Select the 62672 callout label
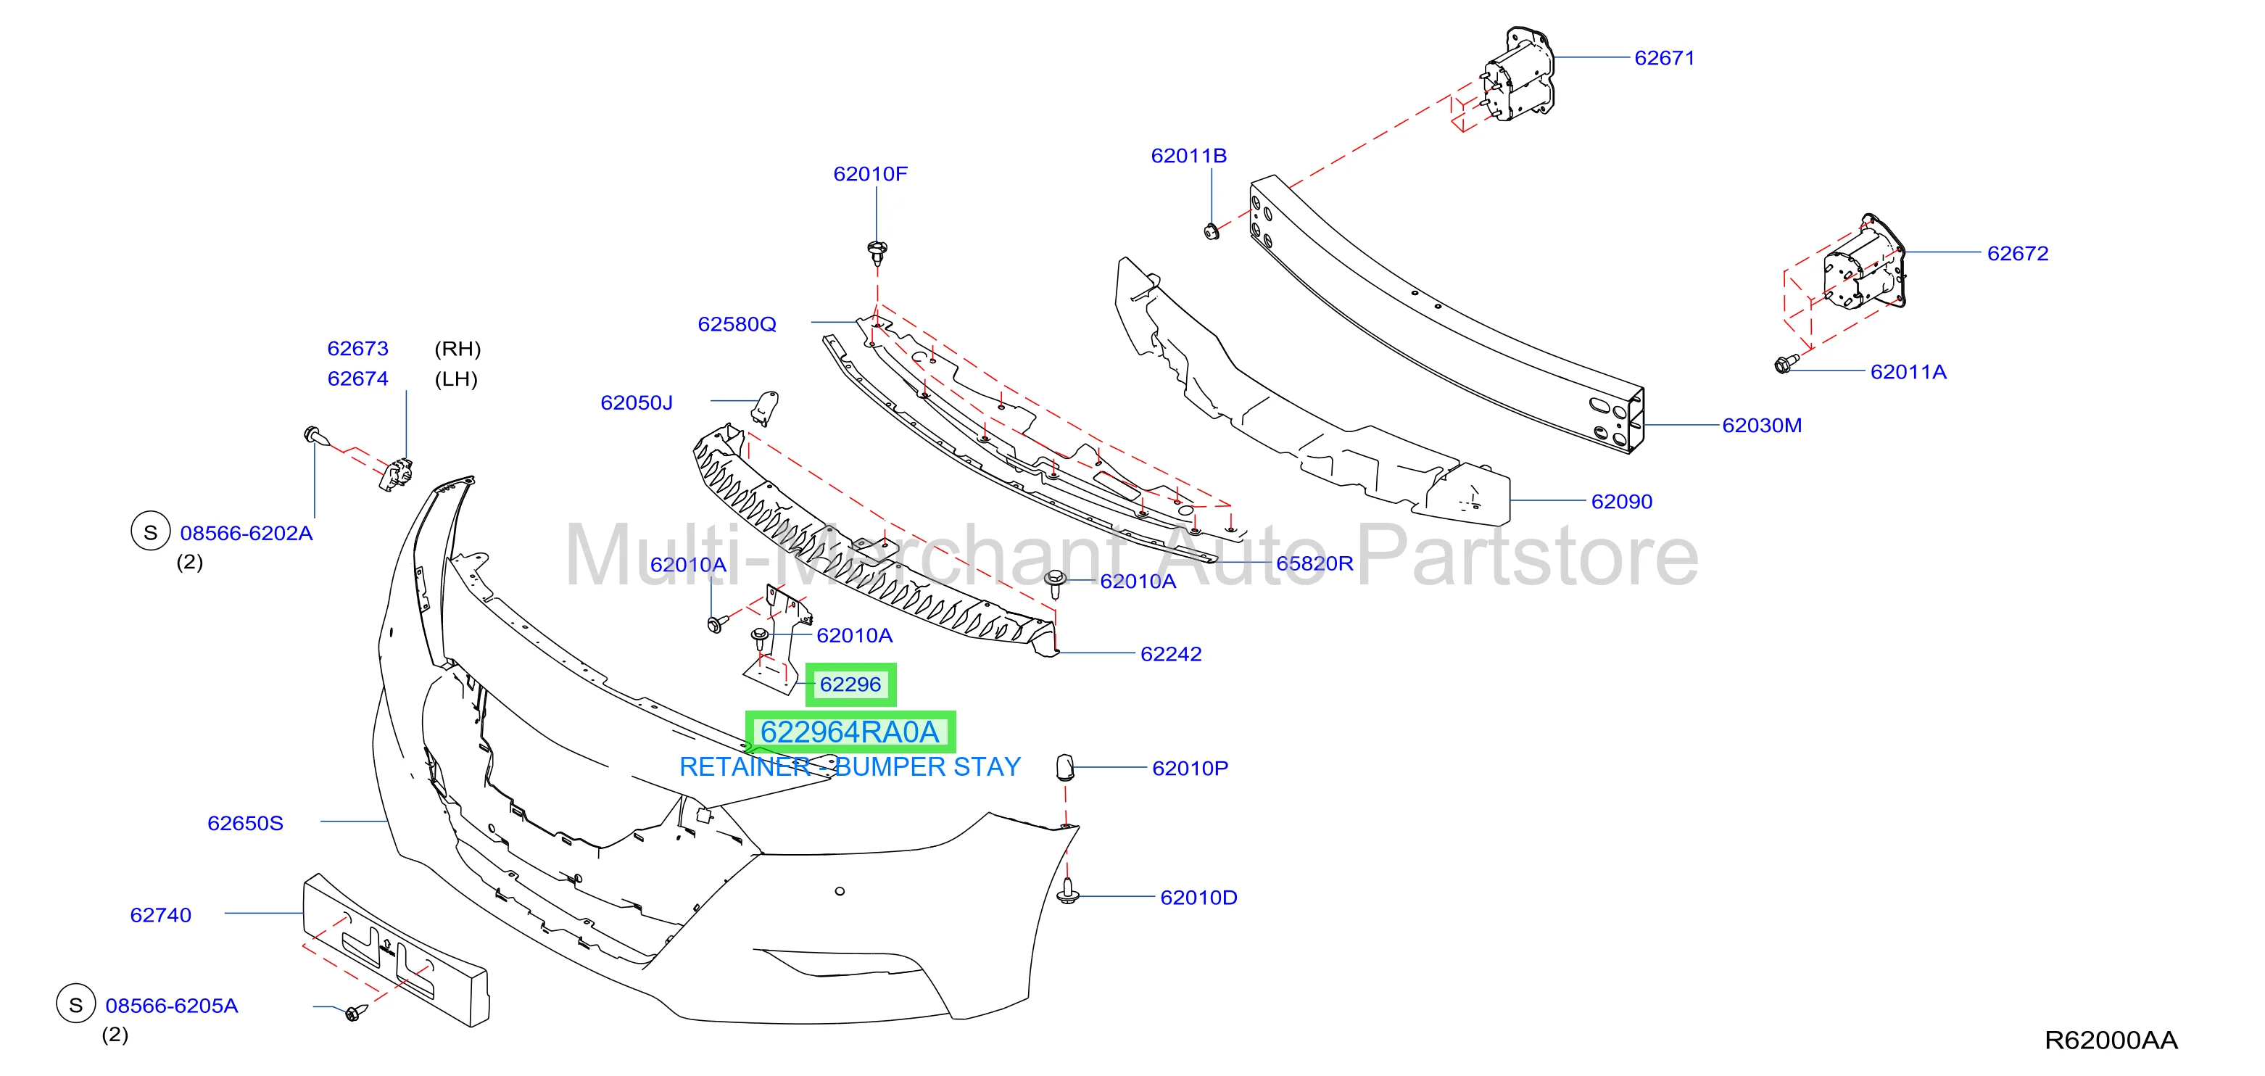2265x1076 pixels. (x=2017, y=253)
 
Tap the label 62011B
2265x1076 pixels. (x=1189, y=156)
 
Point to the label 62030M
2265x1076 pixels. (x=1761, y=426)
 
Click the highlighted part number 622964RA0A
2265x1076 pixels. (x=850, y=732)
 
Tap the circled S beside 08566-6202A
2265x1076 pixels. (x=150, y=532)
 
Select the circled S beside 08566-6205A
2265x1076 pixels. (x=75, y=1004)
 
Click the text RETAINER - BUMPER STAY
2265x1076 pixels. (x=850, y=767)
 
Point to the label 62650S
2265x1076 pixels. (x=245, y=824)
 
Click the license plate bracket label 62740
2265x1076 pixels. (x=160, y=915)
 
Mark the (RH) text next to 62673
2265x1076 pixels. (x=457, y=349)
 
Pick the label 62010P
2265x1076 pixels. (x=1190, y=769)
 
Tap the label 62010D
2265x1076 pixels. (x=1198, y=898)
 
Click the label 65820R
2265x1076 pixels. (x=1314, y=563)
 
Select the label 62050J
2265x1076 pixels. (x=637, y=402)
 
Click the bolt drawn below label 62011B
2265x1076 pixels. (x=1211, y=232)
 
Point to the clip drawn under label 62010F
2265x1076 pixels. (x=877, y=253)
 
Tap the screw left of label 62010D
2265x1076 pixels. (x=1068, y=891)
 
